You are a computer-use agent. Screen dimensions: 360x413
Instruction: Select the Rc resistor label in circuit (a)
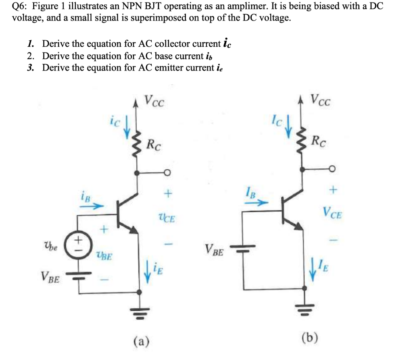(154, 144)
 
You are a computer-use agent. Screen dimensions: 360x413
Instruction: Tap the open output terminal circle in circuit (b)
(332, 169)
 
